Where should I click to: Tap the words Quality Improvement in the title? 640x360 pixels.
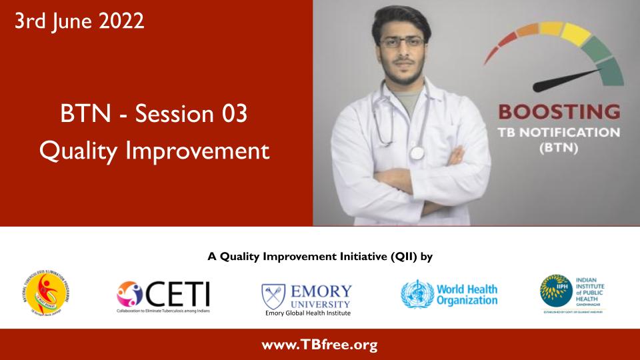(154, 150)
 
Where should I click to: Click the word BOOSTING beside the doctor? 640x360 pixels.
(559, 111)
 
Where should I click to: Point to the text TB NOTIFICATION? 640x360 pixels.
(559, 132)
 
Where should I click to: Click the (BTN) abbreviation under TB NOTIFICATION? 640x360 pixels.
(559, 150)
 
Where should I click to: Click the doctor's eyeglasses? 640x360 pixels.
(401, 42)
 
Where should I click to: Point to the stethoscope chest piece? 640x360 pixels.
(417, 153)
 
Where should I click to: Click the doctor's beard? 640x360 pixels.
(401, 67)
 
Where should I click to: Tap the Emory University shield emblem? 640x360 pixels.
(274, 292)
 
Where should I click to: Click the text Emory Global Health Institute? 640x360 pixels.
(307, 313)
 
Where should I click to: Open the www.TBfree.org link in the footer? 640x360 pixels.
(319, 345)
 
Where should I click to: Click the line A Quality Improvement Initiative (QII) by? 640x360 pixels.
(321, 256)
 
